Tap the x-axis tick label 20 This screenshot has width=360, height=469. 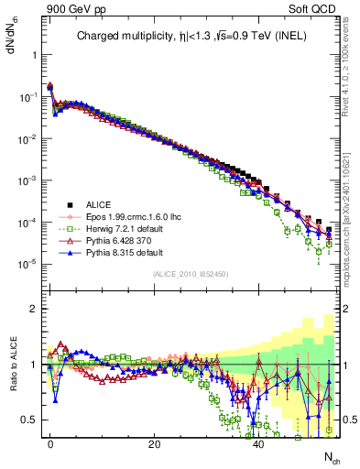pyautogui.click(x=155, y=442)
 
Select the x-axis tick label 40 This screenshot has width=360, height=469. pyautogui.click(x=259, y=442)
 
